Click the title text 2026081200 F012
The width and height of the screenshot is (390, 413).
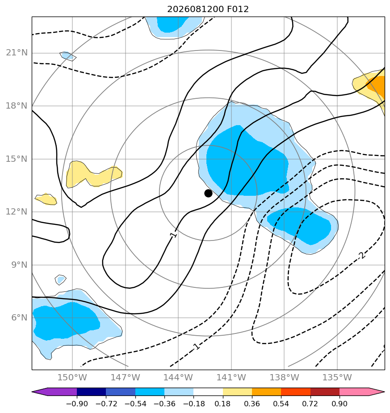(208, 9)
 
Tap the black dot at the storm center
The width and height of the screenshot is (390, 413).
(208, 194)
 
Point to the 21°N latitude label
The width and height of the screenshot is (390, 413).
(17, 53)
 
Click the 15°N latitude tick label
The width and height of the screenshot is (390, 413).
(17, 159)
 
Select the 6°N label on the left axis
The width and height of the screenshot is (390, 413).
(19, 318)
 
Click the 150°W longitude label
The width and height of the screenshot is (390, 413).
(72, 377)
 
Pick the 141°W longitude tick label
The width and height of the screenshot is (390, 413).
(231, 377)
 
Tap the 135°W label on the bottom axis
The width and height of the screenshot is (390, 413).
(337, 377)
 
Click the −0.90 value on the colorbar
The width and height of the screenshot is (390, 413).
(77, 404)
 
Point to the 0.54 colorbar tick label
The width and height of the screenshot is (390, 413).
(281, 404)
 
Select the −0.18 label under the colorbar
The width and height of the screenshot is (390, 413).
(193, 404)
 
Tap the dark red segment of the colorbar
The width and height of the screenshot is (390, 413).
(325, 392)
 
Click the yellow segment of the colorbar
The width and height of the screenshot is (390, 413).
(237, 392)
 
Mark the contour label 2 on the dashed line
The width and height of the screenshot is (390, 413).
(362, 255)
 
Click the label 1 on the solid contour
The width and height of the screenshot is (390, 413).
(173, 234)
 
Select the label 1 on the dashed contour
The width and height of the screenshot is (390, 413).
(196, 346)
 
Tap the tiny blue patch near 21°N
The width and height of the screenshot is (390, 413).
(67, 56)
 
